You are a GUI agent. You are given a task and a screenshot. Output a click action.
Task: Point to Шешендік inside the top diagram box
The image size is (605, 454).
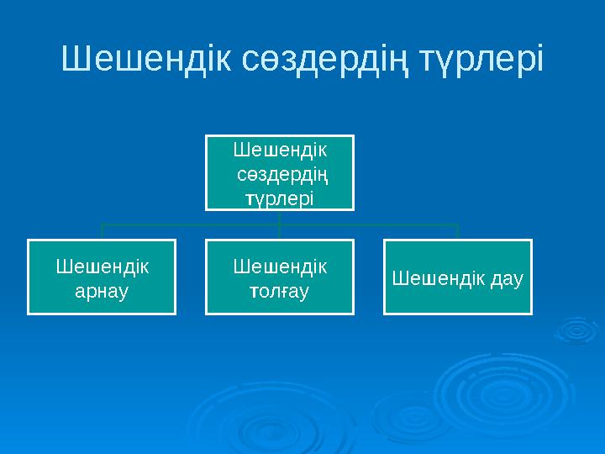(280, 150)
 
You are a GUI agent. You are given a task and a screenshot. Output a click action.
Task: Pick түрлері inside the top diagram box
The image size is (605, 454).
(279, 198)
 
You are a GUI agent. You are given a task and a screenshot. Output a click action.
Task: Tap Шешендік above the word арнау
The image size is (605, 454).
(102, 267)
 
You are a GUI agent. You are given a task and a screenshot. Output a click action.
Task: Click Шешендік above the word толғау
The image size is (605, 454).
(280, 267)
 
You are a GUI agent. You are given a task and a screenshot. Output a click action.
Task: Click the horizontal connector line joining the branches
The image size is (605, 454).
(193, 224)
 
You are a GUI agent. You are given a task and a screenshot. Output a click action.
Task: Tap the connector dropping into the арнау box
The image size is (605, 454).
(102, 232)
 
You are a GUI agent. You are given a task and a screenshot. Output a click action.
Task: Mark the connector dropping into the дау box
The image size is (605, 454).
(458, 232)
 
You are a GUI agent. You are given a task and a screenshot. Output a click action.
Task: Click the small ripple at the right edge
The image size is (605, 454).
(578, 330)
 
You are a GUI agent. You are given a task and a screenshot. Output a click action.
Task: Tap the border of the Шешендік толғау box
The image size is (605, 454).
(280, 241)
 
